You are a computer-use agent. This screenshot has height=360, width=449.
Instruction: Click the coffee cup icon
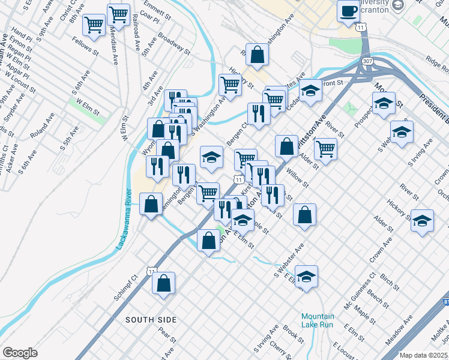(x=348, y=11)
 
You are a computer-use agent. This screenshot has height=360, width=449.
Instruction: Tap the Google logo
(x=20, y=352)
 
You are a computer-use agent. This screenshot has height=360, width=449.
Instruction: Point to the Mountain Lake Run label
(x=317, y=320)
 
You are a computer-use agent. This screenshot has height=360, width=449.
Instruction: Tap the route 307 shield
(x=366, y=61)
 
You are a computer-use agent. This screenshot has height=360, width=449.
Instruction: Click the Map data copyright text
(x=423, y=355)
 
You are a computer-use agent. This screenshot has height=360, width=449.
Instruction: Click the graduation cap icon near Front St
(x=310, y=91)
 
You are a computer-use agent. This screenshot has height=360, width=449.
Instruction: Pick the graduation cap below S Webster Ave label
(x=306, y=277)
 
